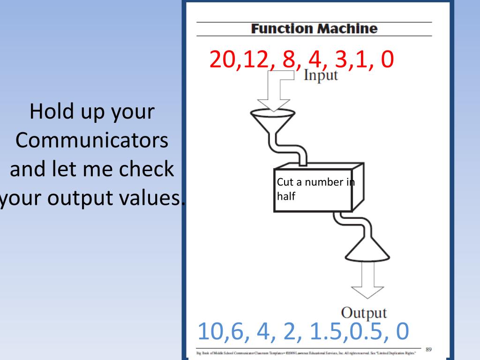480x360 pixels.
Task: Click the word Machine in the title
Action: coord(347,29)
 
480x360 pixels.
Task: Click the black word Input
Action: coord(321,75)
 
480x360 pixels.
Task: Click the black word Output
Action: coord(364,313)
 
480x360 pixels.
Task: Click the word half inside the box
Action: coord(286,197)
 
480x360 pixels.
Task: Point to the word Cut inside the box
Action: coord(284,182)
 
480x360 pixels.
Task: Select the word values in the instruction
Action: coord(149,199)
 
